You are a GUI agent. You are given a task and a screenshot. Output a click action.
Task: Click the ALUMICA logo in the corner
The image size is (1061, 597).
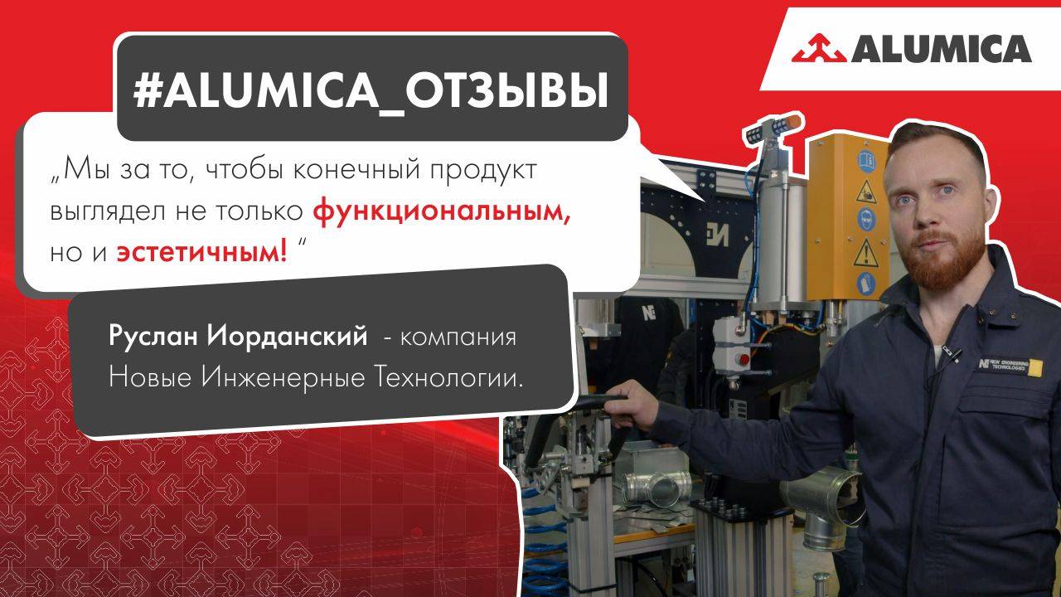[x=912, y=49]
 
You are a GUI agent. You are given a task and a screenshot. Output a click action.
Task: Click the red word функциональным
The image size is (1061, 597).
[x=443, y=211]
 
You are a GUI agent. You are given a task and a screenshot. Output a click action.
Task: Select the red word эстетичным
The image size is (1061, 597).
[x=201, y=252]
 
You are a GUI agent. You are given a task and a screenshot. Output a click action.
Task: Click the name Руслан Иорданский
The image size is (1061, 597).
[x=238, y=338]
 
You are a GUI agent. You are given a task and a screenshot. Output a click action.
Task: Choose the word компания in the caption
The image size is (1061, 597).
[x=459, y=339]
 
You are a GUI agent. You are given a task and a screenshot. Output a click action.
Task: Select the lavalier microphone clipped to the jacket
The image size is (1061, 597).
[x=955, y=354]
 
